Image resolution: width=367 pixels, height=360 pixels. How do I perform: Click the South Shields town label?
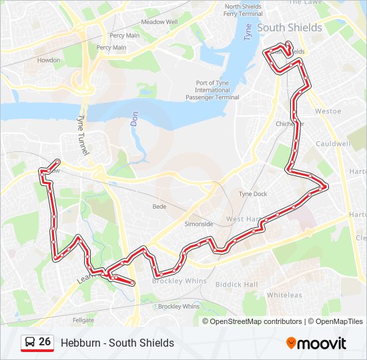(x=289, y=28)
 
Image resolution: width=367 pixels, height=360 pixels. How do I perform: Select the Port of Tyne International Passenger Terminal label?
(x=213, y=90)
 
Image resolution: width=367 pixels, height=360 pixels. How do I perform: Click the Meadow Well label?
(x=159, y=21)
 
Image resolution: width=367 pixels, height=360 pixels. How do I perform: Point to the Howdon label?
(x=48, y=60)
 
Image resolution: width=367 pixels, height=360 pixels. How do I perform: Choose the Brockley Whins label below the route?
(x=178, y=307)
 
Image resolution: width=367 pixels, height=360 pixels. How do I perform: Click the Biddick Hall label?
(x=236, y=285)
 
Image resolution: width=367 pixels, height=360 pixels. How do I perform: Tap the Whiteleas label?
(x=284, y=295)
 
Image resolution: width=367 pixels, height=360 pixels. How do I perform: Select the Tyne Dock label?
(x=253, y=194)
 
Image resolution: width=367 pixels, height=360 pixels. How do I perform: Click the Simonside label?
(x=199, y=224)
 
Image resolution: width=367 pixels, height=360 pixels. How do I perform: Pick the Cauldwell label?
(x=333, y=144)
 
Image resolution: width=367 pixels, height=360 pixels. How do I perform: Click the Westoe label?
(x=328, y=111)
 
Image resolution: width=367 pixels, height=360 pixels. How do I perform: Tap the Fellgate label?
(x=83, y=321)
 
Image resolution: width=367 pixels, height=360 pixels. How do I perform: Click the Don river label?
(x=133, y=119)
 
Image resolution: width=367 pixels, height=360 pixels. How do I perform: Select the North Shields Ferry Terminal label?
(x=243, y=10)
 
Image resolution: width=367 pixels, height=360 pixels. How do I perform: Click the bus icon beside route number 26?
(x=30, y=342)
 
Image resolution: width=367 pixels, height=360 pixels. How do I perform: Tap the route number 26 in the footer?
(x=45, y=342)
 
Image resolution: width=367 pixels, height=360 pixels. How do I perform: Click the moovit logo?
(x=316, y=343)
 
